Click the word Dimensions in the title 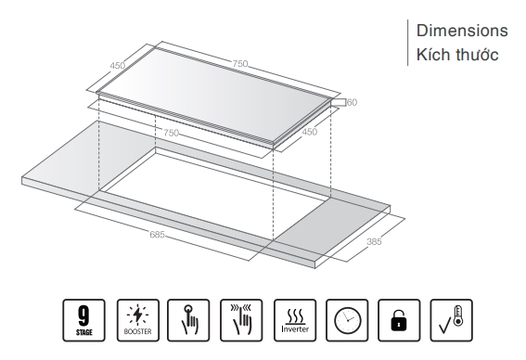pyautogui.click(x=462, y=31)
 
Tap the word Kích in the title pyautogui.click(x=430, y=55)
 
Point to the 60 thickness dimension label pyautogui.click(x=353, y=102)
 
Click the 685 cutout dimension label pyautogui.click(x=157, y=234)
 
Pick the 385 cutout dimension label pyautogui.click(x=374, y=241)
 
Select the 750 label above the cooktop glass pyautogui.click(x=240, y=63)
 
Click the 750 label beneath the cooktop pyautogui.click(x=171, y=133)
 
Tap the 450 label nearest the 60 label pyautogui.click(x=309, y=132)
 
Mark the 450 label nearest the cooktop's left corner pyautogui.click(x=118, y=66)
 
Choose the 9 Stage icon pyautogui.click(x=83, y=320)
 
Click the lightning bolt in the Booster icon pyautogui.click(x=137, y=315)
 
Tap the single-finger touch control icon pyautogui.click(x=188, y=320)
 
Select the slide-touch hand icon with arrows pyautogui.click(x=241, y=320)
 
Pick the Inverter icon pyautogui.click(x=295, y=320)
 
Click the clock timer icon pyautogui.click(x=347, y=320)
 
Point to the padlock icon pyautogui.click(x=399, y=320)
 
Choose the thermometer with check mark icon pyautogui.click(x=451, y=320)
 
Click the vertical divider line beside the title pyautogui.click(x=408, y=43)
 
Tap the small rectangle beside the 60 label pyautogui.click(x=338, y=102)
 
